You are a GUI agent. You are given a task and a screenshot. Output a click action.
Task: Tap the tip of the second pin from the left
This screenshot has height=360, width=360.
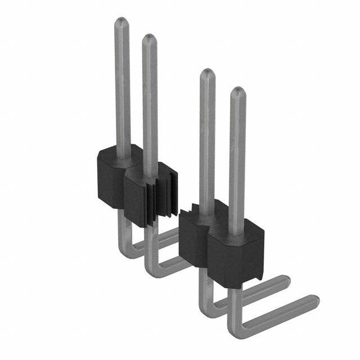point(149,39)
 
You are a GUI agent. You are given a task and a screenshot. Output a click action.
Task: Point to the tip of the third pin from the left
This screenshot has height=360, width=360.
point(207,74)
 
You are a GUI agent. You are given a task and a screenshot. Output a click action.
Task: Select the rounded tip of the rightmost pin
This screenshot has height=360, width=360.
point(237,92)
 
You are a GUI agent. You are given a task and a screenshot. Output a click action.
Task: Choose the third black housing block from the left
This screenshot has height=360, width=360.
point(195,236)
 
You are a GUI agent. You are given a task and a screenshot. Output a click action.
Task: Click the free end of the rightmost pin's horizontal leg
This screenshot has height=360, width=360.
point(313,303)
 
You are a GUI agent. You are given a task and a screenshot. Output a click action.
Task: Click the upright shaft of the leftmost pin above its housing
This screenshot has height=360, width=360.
point(122,84)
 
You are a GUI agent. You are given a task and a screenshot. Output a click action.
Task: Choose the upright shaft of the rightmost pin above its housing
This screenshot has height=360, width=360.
point(237,157)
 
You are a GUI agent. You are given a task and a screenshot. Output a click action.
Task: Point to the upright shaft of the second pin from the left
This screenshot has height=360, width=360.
point(150,101)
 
